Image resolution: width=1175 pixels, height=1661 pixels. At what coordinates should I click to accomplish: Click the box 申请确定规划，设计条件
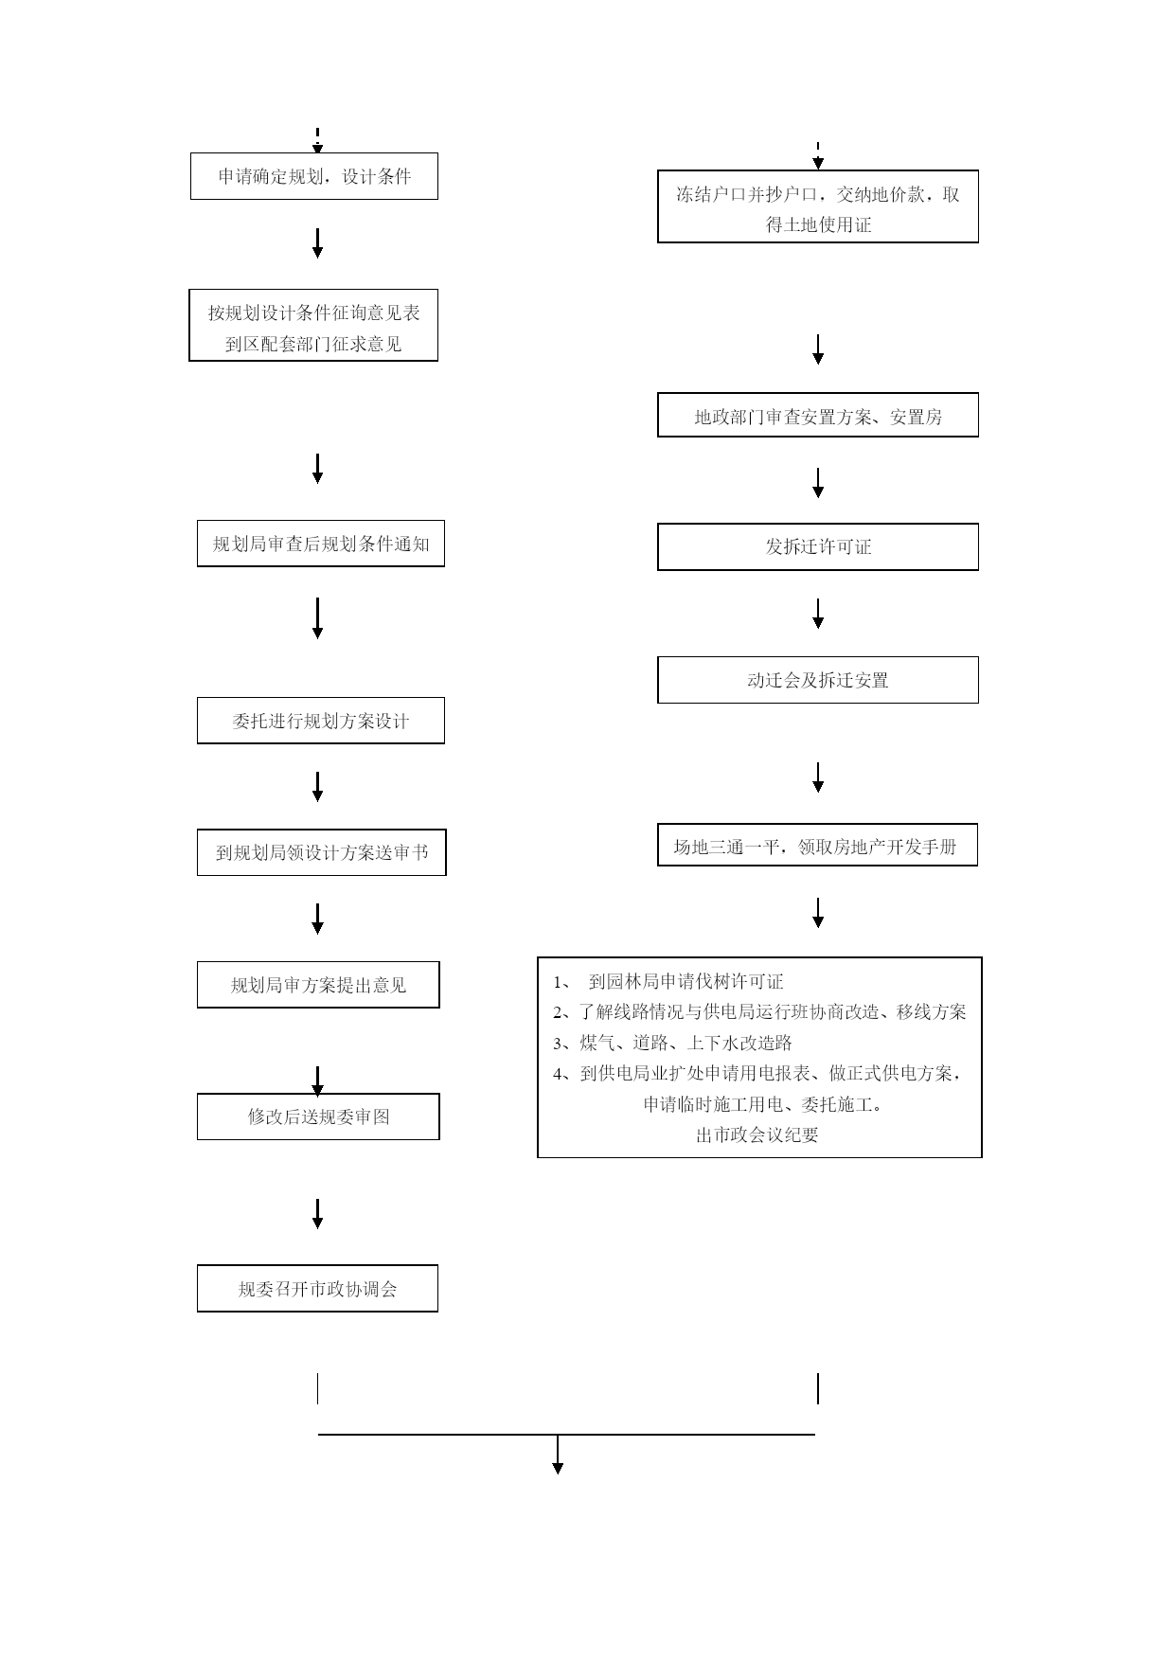314,176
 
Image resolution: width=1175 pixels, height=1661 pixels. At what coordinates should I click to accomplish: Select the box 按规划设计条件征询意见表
313,325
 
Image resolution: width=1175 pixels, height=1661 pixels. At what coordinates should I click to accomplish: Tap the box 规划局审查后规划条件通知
321,544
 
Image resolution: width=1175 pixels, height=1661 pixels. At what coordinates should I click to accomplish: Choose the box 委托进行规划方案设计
321,721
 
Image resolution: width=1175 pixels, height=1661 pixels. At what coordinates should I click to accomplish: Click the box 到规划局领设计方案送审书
322,852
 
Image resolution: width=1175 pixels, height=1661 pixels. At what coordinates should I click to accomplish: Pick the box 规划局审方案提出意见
318,985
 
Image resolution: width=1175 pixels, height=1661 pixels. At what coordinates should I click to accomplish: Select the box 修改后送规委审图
318,1116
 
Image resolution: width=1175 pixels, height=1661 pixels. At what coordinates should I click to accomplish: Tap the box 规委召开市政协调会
317,1289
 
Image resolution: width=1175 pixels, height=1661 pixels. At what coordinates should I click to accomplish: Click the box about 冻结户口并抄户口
818,206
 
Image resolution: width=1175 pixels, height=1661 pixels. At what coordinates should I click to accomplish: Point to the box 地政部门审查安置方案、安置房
818,415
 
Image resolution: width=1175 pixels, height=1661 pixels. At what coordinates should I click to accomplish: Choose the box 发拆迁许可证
818,546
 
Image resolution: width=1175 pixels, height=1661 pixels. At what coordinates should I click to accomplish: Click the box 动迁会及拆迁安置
818,680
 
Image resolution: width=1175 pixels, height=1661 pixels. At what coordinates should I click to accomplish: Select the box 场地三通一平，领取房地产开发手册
818,846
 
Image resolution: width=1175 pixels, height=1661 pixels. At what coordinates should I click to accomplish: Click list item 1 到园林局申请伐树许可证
668,982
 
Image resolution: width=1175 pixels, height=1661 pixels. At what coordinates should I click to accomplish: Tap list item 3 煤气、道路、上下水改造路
672,1043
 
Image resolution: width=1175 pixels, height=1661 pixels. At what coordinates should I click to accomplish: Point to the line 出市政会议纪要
757,1134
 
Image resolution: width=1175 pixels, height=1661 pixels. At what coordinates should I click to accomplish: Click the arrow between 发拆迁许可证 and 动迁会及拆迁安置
818,614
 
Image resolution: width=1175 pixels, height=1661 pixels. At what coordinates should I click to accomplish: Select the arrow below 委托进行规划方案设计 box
318,787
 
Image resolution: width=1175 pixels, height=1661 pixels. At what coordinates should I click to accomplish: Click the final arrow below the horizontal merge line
558,1456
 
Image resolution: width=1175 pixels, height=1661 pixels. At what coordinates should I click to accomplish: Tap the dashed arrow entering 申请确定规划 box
318,140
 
